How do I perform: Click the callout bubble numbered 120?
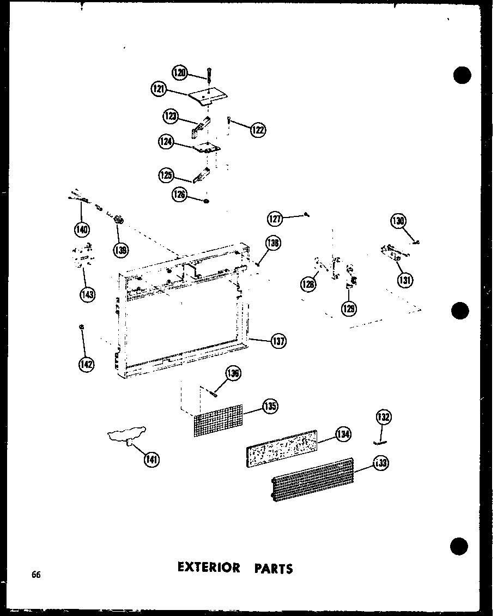180,73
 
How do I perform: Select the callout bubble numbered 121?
160,89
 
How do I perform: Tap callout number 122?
258,129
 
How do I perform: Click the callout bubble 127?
275,219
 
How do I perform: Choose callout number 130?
398,221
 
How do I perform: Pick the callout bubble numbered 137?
278,341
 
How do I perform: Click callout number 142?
85,365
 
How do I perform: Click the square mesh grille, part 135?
218,420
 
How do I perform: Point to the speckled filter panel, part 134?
282,449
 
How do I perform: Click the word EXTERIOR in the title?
209,567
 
